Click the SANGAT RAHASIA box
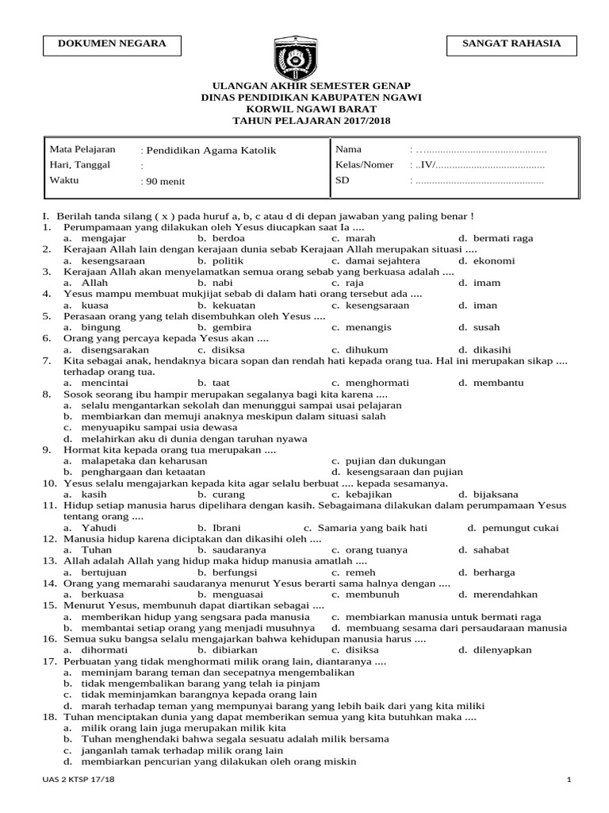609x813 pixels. [x=511, y=45]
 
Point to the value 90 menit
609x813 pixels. [x=165, y=182]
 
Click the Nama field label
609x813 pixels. [x=348, y=149]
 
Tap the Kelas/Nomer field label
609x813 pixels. [x=365, y=165]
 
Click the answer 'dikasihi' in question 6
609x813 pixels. [x=489, y=349]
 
